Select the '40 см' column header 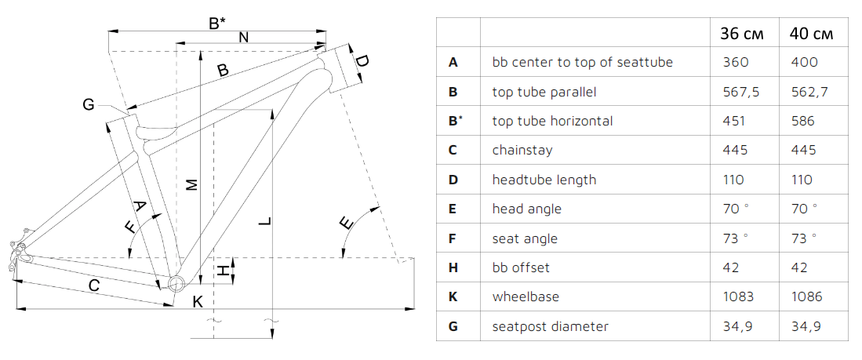pyautogui.click(x=810, y=34)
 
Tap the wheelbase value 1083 pyautogui.click(x=737, y=296)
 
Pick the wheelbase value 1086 pyautogui.click(x=809, y=296)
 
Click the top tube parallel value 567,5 pyautogui.click(x=740, y=92)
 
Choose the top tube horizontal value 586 pyautogui.click(x=803, y=121)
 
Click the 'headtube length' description pyautogui.click(x=544, y=180)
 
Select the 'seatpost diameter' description pyautogui.click(x=550, y=326)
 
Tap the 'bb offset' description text pyautogui.click(x=521, y=267)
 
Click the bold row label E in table pyautogui.click(x=453, y=209)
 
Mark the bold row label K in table pyautogui.click(x=453, y=296)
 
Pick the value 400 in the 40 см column pyautogui.click(x=805, y=62)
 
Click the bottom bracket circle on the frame pyautogui.click(x=176, y=283)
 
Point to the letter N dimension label pyautogui.click(x=243, y=37)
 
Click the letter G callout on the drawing pyautogui.click(x=88, y=104)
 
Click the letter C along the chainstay pyautogui.click(x=93, y=285)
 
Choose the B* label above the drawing pyautogui.click(x=218, y=24)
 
